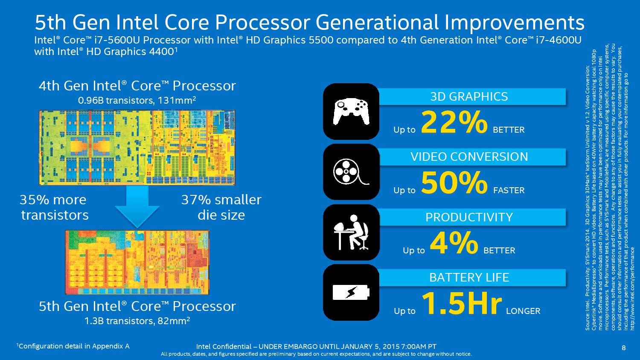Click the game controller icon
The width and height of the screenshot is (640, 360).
coord(351,111)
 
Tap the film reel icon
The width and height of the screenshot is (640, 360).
coord(351,172)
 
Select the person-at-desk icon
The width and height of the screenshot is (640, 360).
coord(351,232)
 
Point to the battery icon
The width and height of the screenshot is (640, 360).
coord(351,293)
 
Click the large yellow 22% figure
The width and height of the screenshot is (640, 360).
coord(454,123)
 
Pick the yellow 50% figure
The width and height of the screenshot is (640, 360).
coord(454,183)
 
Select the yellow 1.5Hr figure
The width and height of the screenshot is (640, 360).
coord(462,304)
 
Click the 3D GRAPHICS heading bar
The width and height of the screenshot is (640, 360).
coord(469,96)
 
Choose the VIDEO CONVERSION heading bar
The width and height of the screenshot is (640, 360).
coord(469,157)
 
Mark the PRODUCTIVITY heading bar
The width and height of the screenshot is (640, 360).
coord(469,217)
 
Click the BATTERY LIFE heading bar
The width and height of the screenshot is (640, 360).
coord(469,278)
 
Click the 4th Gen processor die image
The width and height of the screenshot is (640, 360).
coord(137,148)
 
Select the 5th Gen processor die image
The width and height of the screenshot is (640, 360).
coord(137,262)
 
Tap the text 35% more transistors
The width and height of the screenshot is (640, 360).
coord(54,207)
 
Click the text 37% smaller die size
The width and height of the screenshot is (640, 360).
coord(221,207)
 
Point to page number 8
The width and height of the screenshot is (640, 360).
coord(623,347)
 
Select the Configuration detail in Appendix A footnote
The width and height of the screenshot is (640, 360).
coord(73,346)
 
